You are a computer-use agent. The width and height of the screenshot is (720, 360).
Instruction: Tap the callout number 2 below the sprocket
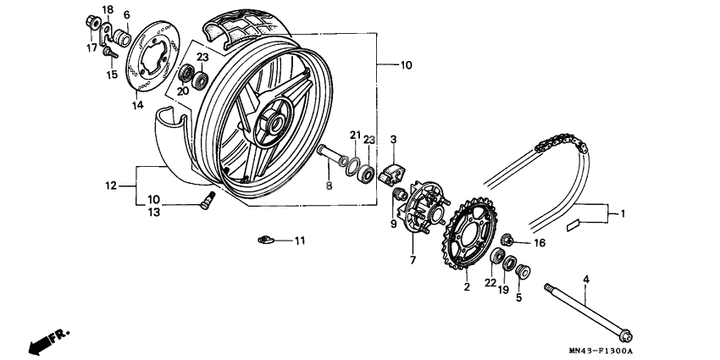pyautogui.click(x=466, y=288)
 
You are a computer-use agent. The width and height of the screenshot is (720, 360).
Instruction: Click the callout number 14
pyautogui.click(x=138, y=105)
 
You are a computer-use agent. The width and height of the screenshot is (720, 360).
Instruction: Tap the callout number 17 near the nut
pyautogui.click(x=91, y=47)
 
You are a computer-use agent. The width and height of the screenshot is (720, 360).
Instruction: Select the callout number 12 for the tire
pyautogui.click(x=109, y=185)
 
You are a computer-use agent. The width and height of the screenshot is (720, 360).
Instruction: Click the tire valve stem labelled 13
pyautogui.click(x=207, y=201)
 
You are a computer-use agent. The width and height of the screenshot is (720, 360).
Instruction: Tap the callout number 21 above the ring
pyautogui.click(x=356, y=136)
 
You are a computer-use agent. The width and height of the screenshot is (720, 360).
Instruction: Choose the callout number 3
pyautogui.click(x=394, y=139)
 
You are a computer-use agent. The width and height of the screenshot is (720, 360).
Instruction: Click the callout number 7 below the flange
pyautogui.click(x=413, y=260)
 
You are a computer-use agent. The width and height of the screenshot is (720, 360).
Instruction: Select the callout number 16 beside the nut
pyautogui.click(x=540, y=242)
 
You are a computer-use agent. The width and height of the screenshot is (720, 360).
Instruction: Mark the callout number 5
pyautogui.click(x=518, y=297)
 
